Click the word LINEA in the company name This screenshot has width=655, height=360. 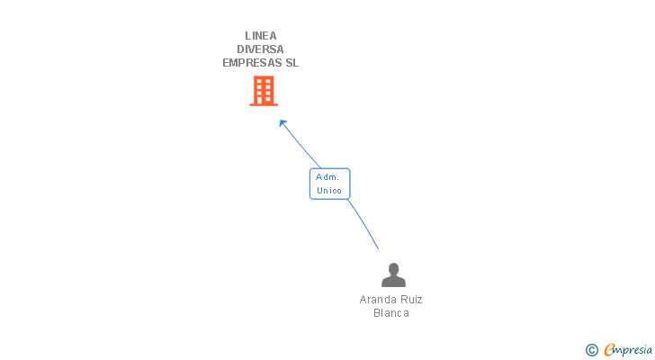[x=261, y=36]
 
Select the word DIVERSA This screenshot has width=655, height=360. [x=261, y=49]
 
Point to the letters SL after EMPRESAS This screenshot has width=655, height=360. [x=292, y=63]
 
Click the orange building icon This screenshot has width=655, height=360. [x=264, y=90]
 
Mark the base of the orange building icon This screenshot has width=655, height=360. [x=264, y=103]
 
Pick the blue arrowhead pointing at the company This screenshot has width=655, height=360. [x=283, y=123]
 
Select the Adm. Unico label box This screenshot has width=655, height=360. [x=329, y=184]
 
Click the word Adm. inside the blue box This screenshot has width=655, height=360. [x=327, y=177]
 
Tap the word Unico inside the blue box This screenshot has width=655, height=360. [x=329, y=191]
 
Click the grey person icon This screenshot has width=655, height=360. [x=392, y=275]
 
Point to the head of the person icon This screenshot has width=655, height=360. [x=392, y=268]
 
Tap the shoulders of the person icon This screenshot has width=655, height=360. [x=392, y=282]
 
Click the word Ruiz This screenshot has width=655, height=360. [x=411, y=300]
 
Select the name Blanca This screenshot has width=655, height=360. [x=391, y=313]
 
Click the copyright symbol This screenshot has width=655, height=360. [x=591, y=350]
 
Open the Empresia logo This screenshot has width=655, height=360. [x=628, y=350]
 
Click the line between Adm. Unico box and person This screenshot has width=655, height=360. [x=363, y=222]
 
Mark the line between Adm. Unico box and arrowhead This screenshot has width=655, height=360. [x=301, y=146]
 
